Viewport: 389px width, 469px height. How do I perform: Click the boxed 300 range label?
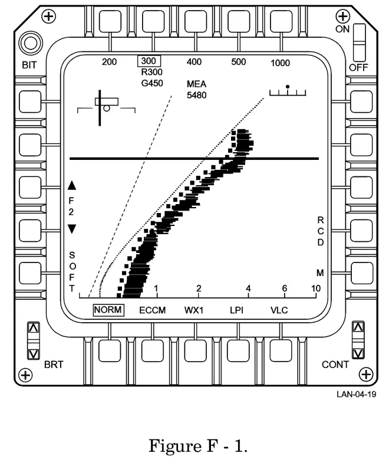pos(149,61)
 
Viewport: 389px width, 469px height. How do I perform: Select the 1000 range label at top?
pos(280,63)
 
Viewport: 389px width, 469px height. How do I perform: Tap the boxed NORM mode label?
pos(108,310)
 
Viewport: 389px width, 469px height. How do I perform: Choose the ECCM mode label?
pos(153,310)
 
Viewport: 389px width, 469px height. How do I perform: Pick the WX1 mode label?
pos(194,310)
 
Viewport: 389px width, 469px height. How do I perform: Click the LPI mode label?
pos(237,310)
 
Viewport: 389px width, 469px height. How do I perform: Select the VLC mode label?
pos(279,310)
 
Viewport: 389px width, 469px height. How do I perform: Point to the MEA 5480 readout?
pos(196,90)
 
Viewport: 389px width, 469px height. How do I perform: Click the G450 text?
pos(152,83)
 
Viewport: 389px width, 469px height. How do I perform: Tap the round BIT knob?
pos(28,43)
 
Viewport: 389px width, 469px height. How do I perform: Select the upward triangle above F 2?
pos(72,185)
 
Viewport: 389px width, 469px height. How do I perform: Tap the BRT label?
pos(54,365)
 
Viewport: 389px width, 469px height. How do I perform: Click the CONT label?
pos(335,365)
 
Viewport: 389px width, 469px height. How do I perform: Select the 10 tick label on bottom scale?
pos(316,288)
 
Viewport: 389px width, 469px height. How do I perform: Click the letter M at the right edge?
pos(320,273)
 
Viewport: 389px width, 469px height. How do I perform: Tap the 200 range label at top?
pos(110,62)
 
